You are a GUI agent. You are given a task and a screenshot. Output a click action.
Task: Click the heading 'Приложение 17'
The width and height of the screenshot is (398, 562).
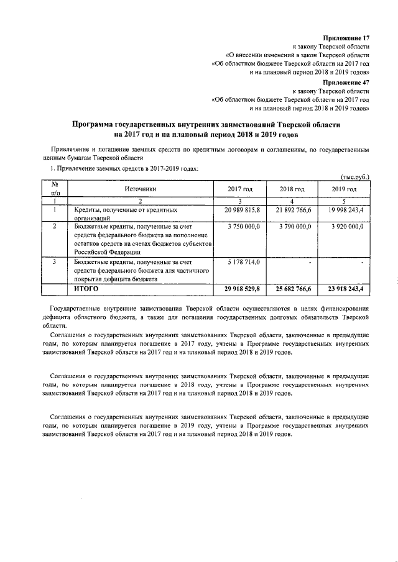tap(346, 38)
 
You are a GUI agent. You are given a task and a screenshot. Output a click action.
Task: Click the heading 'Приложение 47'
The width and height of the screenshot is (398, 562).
tap(346, 82)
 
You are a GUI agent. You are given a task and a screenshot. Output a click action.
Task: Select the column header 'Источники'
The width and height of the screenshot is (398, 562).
tap(140, 189)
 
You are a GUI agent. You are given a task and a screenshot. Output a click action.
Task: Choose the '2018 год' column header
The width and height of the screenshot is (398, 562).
tap(291, 189)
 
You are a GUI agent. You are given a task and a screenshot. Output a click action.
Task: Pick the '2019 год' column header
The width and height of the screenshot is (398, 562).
tap(343, 189)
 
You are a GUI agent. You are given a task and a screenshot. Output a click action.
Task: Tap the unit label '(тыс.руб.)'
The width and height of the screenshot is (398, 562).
tap(356, 176)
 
